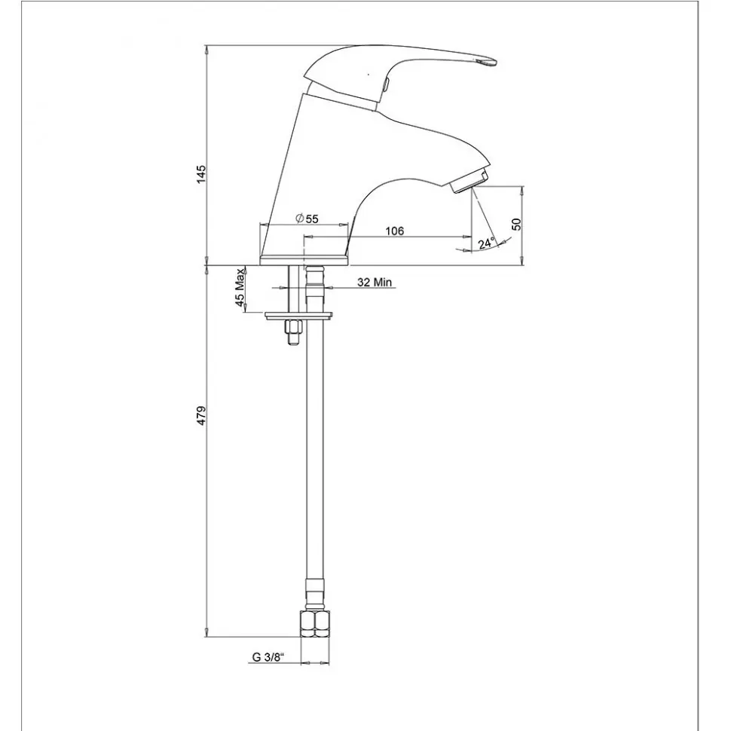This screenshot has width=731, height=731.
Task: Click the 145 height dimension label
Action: (x=200, y=173)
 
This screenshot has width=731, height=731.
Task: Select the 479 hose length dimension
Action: (x=200, y=415)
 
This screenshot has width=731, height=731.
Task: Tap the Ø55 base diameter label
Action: (x=307, y=219)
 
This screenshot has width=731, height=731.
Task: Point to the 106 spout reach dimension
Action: (x=395, y=231)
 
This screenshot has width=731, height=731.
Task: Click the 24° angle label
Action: (x=486, y=243)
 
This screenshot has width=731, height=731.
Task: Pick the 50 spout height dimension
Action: (x=516, y=225)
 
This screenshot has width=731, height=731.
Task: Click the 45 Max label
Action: (x=240, y=288)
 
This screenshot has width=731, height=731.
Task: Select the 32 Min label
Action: (x=375, y=282)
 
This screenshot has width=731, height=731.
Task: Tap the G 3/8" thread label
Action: (x=268, y=657)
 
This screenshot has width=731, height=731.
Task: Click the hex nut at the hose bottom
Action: (x=315, y=624)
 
